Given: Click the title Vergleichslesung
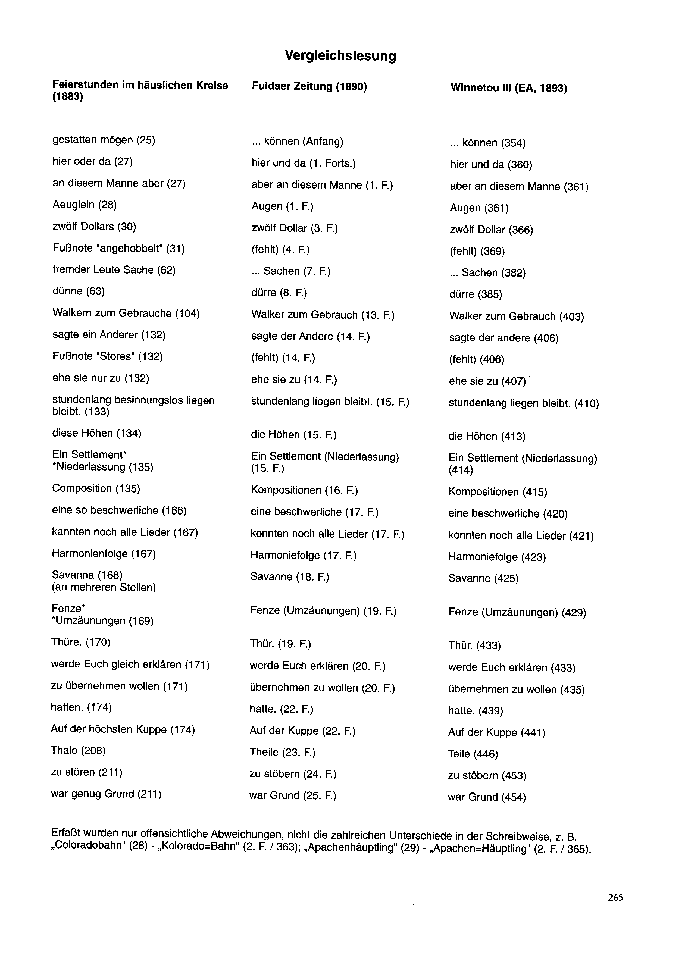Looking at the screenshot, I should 340,56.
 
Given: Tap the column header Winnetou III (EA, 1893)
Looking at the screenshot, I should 509,88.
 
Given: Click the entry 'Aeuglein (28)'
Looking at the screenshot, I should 84,205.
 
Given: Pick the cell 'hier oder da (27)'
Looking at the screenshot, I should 92,162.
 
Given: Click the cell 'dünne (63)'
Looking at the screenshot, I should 79,291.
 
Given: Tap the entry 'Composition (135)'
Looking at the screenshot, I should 96,489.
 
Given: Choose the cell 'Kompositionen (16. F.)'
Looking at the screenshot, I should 304,490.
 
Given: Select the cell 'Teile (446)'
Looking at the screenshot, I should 473,754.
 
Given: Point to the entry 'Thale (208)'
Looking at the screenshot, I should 78,750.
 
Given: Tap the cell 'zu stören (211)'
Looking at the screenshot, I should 86,772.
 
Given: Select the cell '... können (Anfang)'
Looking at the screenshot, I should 297,142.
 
